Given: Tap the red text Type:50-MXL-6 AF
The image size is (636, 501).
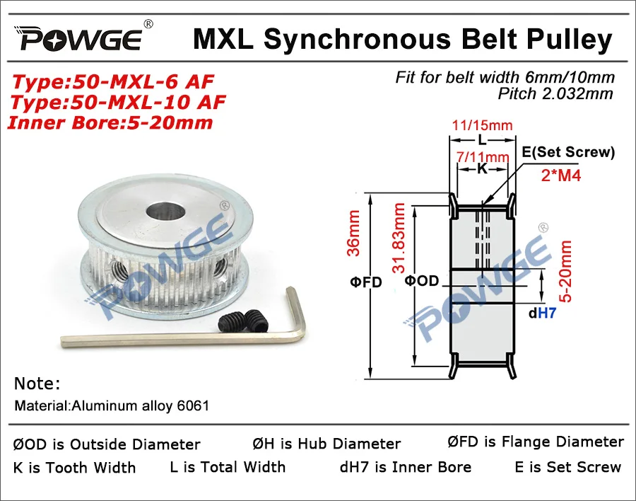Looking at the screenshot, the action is coord(113,81).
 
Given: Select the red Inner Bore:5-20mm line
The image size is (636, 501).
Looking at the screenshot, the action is coord(110,122).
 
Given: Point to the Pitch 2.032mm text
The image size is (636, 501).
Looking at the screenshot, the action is coord(555,94).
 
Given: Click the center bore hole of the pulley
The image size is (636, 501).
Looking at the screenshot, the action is coord(165,212).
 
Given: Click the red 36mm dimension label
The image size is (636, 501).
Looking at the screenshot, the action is coord(353,233).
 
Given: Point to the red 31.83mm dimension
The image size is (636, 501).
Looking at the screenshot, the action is coord(399,238).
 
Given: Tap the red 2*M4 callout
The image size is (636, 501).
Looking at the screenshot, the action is coord(561,175).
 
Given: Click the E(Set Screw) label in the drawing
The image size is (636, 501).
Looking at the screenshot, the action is coord(568,152).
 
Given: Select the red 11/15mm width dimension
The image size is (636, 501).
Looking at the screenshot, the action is coord(482,125).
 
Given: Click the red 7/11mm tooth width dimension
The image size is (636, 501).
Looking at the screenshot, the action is coord(483,156).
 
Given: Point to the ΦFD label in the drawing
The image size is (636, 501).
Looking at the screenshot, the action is coord(366,282).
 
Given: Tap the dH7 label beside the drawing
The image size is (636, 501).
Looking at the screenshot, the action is coord(542,313).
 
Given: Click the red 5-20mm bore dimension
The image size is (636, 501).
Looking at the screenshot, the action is coord(565,271).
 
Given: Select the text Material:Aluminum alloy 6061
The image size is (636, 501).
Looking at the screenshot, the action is coord(112,405).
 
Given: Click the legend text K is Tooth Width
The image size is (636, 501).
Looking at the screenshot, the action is coord(74,468).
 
